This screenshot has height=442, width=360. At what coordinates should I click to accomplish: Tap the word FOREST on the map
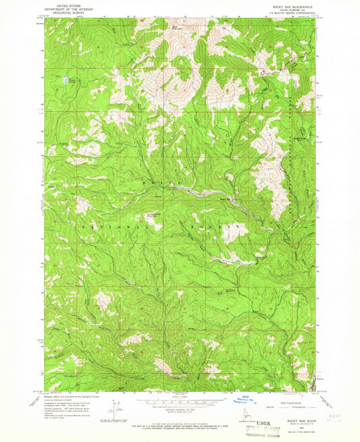[216, 229]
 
